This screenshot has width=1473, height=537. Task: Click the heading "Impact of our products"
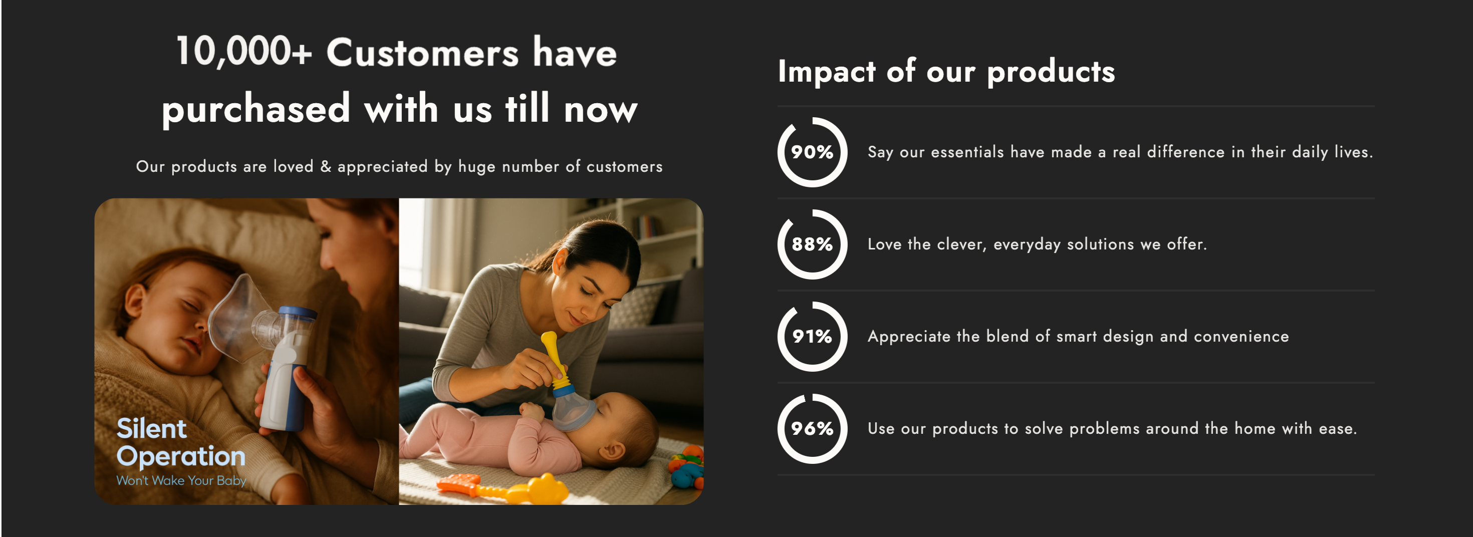tap(946, 72)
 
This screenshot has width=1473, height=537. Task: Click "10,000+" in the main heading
tap(244, 52)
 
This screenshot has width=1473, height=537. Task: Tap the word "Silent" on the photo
tap(151, 428)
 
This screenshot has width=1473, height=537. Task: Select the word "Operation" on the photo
tap(181, 456)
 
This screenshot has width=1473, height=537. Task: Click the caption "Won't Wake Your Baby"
tap(181, 480)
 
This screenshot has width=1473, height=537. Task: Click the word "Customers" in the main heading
tap(422, 53)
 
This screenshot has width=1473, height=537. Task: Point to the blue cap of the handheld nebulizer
tap(298, 313)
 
